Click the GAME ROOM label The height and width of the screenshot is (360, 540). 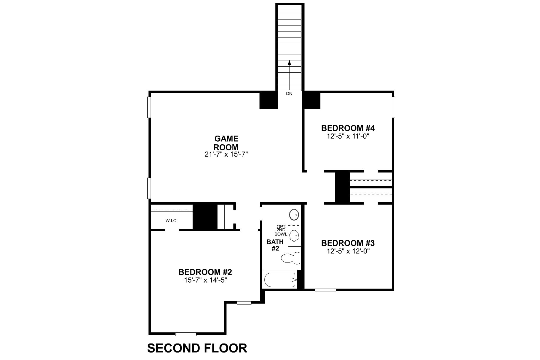(x=226, y=143)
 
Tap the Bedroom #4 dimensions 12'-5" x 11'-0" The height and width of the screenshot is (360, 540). (x=348, y=136)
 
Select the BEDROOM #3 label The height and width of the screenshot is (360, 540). (x=348, y=243)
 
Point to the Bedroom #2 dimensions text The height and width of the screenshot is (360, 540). (x=205, y=280)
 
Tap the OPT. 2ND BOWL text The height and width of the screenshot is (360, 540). (x=281, y=230)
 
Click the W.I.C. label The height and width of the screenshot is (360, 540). (x=172, y=220)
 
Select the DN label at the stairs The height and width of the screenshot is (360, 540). (x=289, y=94)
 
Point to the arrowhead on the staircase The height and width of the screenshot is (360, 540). (x=289, y=63)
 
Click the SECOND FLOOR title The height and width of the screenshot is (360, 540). (x=197, y=348)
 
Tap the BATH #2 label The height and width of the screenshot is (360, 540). (x=275, y=245)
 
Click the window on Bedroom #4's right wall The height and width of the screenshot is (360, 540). (x=394, y=107)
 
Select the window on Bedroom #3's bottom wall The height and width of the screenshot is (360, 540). (x=325, y=290)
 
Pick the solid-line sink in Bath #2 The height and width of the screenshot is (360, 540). (x=294, y=214)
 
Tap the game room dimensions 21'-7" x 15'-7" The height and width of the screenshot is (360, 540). (x=226, y=154)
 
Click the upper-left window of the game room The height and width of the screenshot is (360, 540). (x=149, y=107)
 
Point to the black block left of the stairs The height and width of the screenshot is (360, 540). (x=268, y=100)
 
